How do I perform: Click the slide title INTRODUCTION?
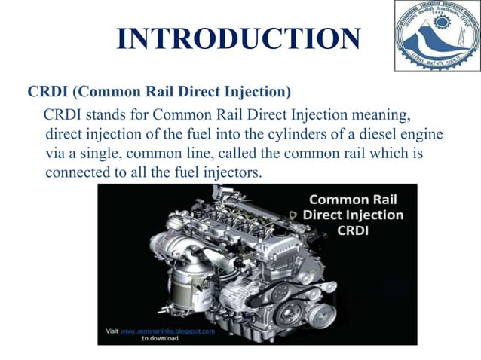(240, 38)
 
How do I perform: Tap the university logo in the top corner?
(436, 35)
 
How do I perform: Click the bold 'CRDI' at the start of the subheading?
(49, 93)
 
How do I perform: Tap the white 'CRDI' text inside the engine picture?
(353, 230)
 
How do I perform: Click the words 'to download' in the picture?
(160, 338)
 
